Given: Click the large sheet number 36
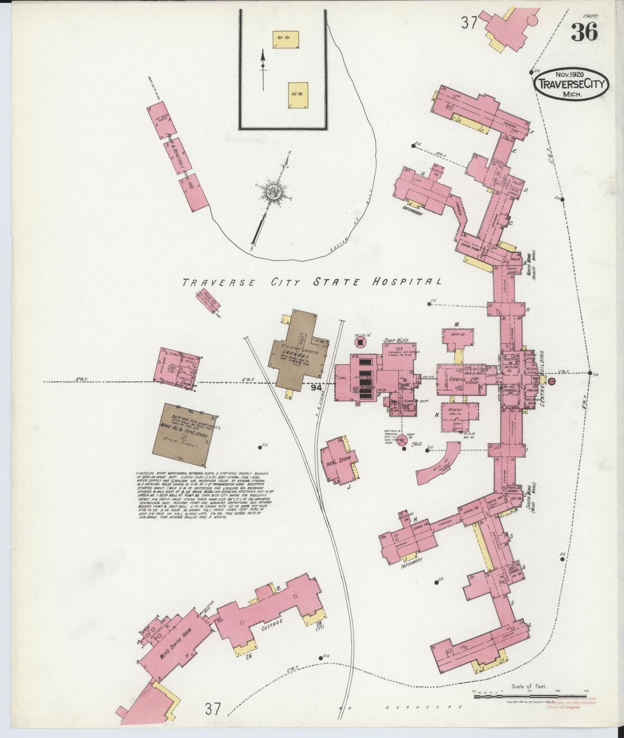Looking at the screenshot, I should pyautogui.click(x=585, y=32).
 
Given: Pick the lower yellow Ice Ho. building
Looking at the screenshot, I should pyautogui.click(x=298, y=95).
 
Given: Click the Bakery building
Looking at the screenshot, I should pyautogui.click(x=459, y=416).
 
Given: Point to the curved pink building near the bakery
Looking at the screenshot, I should pyautogui.click(x=439, y=461).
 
